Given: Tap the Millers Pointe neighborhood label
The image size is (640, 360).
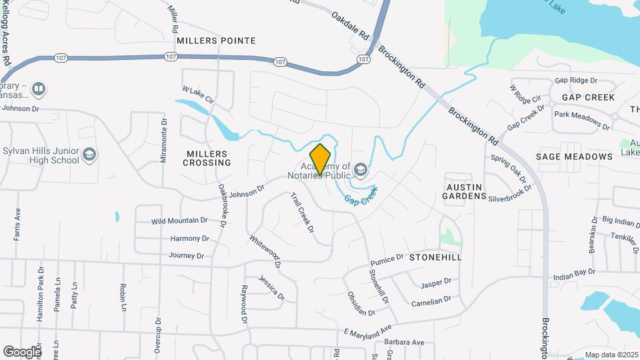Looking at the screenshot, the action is [216, 41].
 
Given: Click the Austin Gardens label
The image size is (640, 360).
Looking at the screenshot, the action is [465, 191].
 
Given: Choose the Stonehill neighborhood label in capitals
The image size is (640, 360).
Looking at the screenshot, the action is [435, 257].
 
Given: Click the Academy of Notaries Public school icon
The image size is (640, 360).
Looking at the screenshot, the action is [361, 171].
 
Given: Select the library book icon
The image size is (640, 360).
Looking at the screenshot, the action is [39, 89].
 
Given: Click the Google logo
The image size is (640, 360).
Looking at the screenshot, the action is [21, 351].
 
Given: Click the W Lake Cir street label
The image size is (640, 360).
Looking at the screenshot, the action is [198, 94].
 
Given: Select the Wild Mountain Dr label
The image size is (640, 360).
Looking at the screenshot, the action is [179, 221].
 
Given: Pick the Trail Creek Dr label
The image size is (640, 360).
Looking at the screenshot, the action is [302, 213].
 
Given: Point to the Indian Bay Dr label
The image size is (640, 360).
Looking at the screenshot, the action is [574, 273].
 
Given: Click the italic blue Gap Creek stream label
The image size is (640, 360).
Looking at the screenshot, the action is [361, 196].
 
